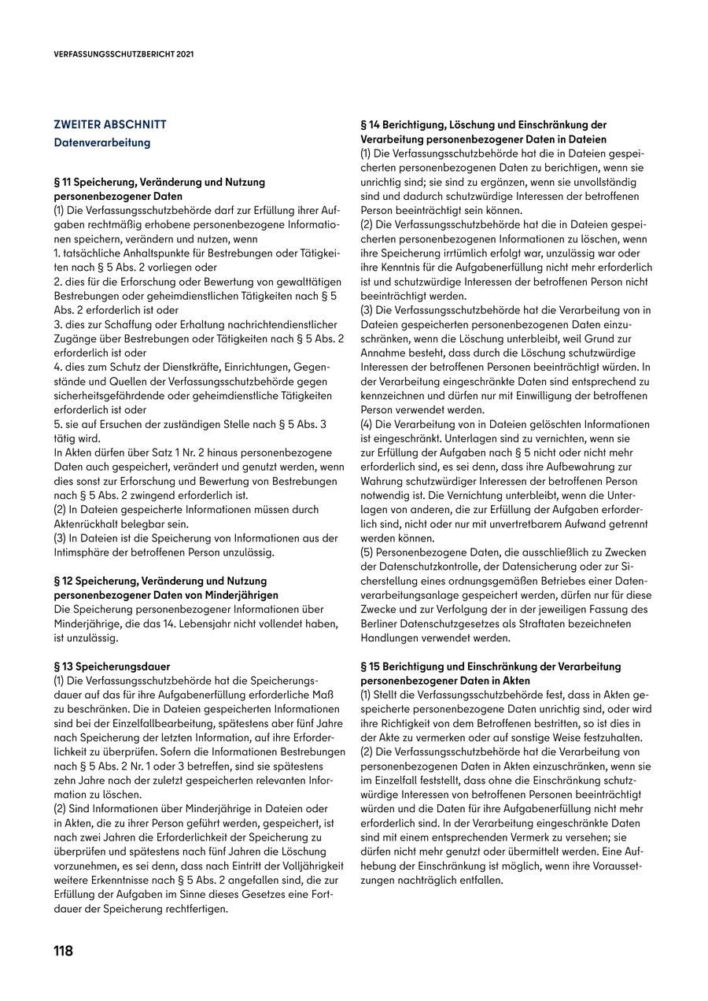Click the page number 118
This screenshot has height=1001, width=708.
click(x=63, y=951)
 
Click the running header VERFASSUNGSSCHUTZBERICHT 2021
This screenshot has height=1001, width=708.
click(x=124, y=55)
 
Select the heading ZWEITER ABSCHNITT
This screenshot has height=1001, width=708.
click(x=109, y=124)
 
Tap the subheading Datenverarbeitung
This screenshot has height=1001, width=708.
click(x=101, y=143)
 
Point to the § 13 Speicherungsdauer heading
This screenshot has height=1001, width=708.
click(x=112, y=666)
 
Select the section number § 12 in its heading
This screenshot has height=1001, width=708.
click(x=65, y=581)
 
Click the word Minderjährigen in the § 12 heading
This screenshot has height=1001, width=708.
click(x=241, y=595)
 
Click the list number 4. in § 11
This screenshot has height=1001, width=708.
click(x=57, y=367)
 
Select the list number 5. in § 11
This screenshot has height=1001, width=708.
click(x=57, y=424)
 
